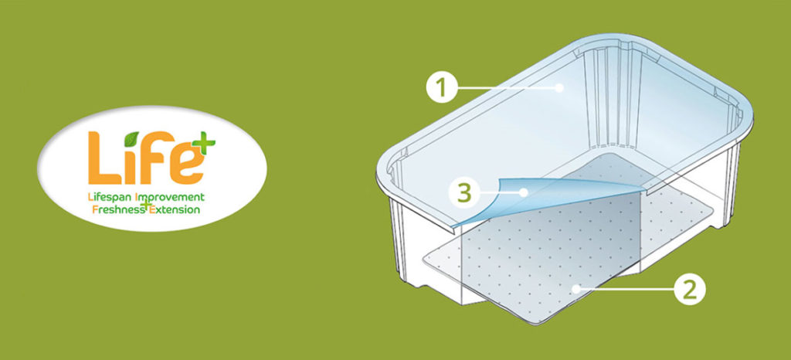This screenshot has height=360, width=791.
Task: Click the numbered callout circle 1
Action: coord(441,88)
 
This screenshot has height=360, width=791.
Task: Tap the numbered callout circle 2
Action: coord(690,290)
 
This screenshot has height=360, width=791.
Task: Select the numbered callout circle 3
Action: coord(464,192)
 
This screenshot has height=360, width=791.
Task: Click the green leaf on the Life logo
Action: coord(131,138)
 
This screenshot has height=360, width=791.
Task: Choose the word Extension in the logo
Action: coord(175,209)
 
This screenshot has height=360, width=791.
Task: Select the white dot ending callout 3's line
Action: coord(525,192)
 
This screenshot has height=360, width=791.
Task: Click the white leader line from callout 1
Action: coord(507,88)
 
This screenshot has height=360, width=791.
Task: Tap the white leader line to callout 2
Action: coord(626,290)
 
